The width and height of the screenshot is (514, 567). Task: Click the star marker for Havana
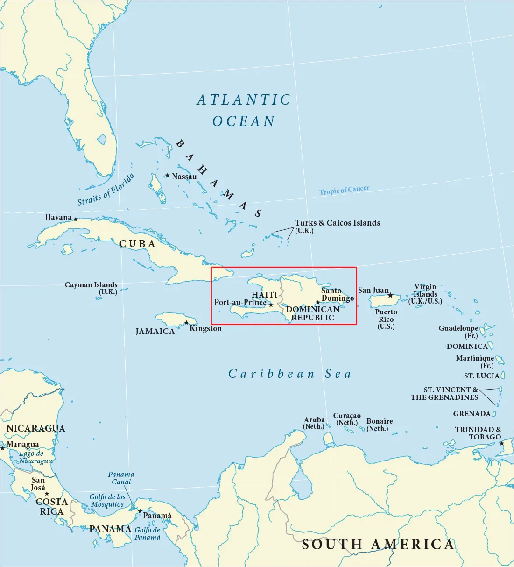76,219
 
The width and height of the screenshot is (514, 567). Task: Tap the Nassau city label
184,177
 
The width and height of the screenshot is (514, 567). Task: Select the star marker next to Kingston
187,323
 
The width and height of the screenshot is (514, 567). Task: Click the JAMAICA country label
155,332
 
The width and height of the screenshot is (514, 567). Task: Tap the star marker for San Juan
390,295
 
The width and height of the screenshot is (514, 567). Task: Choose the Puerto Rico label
386,319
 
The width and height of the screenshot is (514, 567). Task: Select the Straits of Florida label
106,189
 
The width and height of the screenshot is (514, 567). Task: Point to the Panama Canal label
121,478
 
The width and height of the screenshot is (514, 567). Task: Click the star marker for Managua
2,448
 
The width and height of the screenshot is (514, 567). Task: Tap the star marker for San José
47,494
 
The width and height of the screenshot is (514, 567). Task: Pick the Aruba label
314,423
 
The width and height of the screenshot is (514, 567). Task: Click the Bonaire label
379,425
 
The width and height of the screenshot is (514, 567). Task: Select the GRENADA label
472,414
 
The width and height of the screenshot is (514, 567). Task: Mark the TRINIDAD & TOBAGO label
478,433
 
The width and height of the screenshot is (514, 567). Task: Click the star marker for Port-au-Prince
271,305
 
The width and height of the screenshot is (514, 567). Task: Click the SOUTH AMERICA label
378,544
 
